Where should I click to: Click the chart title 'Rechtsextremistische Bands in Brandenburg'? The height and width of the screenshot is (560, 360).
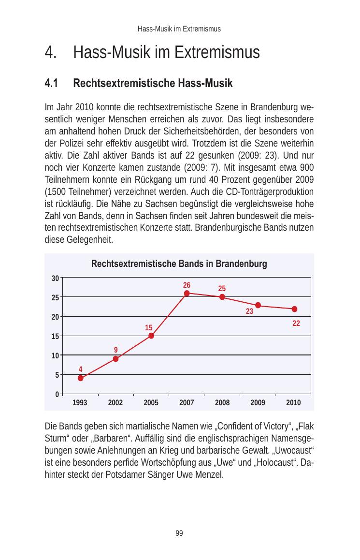179,265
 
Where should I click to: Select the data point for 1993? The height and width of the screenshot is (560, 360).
80,378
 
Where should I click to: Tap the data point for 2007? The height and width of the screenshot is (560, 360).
187,293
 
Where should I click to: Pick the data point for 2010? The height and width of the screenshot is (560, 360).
294,309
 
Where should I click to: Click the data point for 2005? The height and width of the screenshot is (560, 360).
151,336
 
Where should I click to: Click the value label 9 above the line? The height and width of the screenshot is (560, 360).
116,350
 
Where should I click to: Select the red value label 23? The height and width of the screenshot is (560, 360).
249,312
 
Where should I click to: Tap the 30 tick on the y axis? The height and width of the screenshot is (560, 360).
56,278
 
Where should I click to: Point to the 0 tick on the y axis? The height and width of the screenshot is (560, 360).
57,394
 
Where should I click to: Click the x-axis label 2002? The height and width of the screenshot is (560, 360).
115,402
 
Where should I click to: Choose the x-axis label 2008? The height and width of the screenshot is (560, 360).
222,402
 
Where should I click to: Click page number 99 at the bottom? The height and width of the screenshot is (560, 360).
179,533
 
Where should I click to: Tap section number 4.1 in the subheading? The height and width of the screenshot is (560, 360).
51,84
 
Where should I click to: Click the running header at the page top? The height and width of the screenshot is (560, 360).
179,29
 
